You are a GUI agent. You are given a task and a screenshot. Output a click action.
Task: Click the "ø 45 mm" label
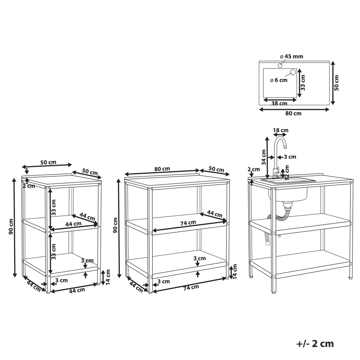tap(291, 56)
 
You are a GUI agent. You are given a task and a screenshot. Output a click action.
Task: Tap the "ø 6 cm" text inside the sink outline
tap(279, 80)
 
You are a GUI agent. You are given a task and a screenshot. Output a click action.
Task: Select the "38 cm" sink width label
tap(279, 103)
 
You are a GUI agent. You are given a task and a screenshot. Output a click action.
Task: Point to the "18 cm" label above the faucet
tap(280, 130)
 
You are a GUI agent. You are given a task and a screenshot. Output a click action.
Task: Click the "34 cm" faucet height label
tap(264, 157)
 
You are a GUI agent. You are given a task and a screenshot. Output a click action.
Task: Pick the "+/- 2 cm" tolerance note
tap(315, 343)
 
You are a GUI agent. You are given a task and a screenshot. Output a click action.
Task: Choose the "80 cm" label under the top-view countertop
tap(293, 113)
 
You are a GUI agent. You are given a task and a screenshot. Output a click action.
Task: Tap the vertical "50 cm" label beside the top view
tap(337, 82)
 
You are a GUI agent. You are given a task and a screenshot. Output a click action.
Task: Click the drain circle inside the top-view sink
tap(292, 72)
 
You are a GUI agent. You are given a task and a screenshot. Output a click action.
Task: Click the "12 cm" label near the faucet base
tap(287, 172)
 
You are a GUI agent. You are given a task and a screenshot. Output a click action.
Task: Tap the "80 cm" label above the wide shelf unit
tap(162, 168)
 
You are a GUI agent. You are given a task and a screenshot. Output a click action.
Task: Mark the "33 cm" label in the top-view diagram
tap(303, 82)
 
